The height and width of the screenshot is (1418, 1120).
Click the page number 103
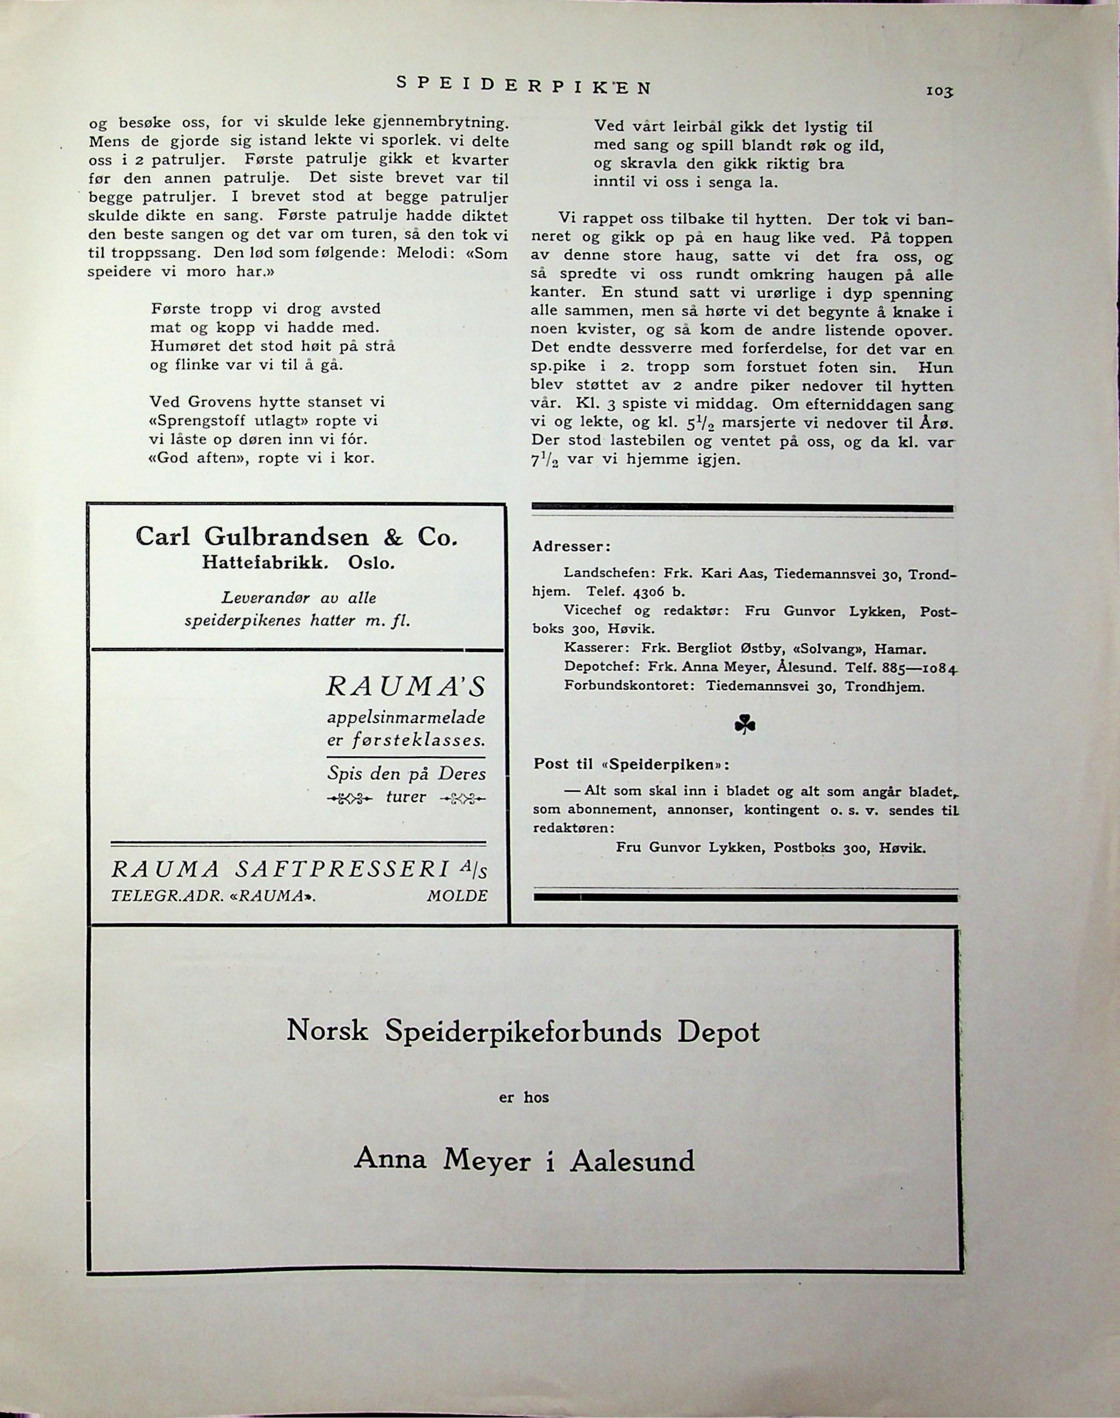tap(939, 93)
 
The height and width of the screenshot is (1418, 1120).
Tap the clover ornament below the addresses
tap(745, 725)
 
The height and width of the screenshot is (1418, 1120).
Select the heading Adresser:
tap(571, 546)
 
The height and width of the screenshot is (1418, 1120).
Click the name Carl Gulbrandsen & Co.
tap(296, 537)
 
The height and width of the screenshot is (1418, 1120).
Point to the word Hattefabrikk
tap(264, 563)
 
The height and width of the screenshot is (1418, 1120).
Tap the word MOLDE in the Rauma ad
tap(457, 896)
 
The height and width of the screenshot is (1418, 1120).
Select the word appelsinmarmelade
tap(407, 717)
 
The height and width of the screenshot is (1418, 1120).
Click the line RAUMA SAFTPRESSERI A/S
tap(299, 870)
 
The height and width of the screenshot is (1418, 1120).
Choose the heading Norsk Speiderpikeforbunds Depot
tap(523, 1032)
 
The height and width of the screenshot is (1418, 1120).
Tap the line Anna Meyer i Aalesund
tap(524, 1161)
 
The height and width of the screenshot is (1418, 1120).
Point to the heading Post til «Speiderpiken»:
tap(631, 765)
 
